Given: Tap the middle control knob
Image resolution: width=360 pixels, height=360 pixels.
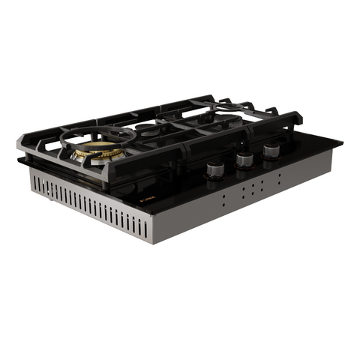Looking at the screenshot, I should click(244, 158).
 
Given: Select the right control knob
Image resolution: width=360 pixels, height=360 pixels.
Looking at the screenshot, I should click(270, 150).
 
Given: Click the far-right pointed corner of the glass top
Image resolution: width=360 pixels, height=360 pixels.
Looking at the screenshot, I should click(342, 142).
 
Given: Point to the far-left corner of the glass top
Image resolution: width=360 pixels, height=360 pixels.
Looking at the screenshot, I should click(17, 160).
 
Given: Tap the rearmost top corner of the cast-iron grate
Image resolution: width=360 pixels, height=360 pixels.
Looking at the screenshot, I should click(212, 97).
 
